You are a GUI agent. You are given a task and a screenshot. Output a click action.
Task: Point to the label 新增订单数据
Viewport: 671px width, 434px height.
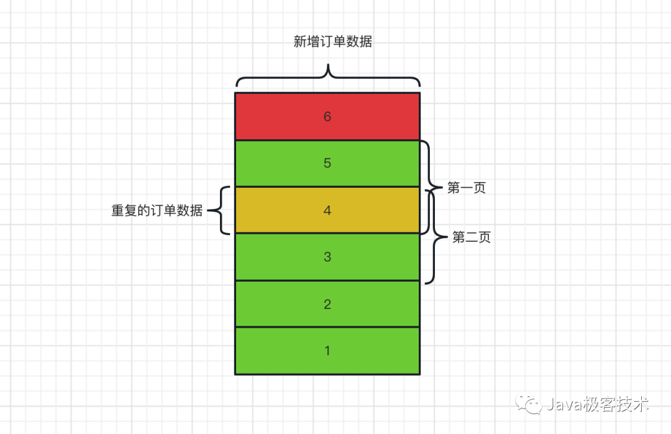333,42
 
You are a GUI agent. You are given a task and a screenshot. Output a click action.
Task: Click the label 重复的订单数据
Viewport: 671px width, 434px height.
157,211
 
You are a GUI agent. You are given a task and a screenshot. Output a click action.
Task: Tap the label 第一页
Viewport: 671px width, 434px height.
466,188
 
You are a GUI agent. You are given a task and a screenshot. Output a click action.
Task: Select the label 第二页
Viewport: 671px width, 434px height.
472,238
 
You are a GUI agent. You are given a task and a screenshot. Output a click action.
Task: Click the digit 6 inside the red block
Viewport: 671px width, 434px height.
327,116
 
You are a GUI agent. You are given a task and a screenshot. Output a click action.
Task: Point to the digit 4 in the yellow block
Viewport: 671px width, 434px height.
327,210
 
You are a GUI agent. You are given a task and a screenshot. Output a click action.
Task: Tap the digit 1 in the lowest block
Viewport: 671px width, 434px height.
327,351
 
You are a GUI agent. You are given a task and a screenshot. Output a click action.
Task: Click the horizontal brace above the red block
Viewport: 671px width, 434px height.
327,78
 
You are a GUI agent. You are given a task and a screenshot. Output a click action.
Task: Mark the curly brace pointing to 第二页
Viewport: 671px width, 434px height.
435,238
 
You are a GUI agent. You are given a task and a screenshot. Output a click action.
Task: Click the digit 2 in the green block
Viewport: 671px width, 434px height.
327,304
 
